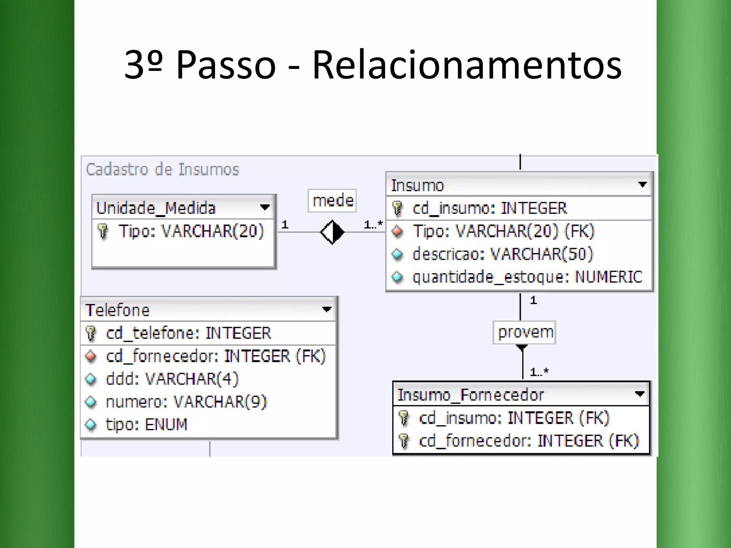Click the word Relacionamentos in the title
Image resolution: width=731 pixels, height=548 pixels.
(467, 65)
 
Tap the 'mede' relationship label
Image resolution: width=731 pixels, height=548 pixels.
(333, 201)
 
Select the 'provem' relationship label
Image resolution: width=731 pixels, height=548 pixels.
(525, 332)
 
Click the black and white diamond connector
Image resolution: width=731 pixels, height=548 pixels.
(332, 232)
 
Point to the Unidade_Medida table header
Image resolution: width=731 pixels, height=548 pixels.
(156, 208)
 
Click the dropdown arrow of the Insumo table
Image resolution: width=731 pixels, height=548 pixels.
(642, 185)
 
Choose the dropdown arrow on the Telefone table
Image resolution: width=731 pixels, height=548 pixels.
(327, 309)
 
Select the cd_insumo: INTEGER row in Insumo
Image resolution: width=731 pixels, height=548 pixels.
(489, 208)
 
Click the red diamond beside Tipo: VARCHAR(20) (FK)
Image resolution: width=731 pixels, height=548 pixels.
(397, 232)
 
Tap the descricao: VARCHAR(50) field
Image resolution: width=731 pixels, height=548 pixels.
(503, 254)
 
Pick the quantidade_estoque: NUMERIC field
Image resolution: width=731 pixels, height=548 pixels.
(527, 277)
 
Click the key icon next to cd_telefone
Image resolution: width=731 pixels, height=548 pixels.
(91, 333)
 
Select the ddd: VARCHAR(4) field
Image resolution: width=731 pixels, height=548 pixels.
(172, 379)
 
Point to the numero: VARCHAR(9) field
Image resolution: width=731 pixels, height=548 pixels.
(186, 402)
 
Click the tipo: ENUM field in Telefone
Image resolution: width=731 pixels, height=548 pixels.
(146, 425)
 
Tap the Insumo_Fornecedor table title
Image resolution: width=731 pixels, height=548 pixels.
(470, 395)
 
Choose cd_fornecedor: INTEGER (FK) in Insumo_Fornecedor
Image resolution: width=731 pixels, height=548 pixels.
(529, 441)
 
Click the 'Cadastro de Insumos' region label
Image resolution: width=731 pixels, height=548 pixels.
(162, 169)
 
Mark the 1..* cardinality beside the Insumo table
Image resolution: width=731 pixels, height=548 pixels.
(373, 224)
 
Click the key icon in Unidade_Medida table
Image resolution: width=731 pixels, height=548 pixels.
(103, 231)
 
